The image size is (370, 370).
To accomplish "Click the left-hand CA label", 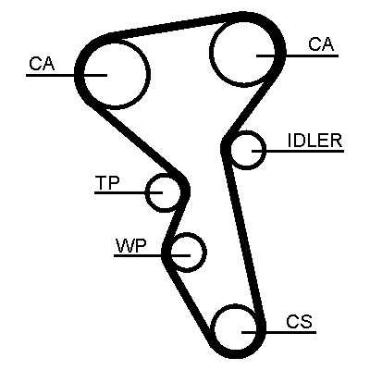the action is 42,64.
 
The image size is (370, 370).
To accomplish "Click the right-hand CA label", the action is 321,43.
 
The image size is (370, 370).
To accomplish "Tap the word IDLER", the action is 314,141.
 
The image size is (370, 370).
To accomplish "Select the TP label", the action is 107,182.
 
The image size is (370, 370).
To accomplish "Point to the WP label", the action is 131,245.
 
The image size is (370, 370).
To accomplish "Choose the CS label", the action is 299,322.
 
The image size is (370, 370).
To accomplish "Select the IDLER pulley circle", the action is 265,150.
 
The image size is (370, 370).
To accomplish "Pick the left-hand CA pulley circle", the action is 150,74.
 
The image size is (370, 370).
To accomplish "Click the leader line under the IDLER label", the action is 298,151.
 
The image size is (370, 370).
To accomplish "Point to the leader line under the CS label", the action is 278,332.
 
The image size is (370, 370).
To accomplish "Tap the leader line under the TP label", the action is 129,192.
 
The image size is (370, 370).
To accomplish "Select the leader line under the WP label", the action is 152,255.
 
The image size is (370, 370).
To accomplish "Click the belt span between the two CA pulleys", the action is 176,25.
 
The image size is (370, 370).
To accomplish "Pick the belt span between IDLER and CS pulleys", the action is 243,240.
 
